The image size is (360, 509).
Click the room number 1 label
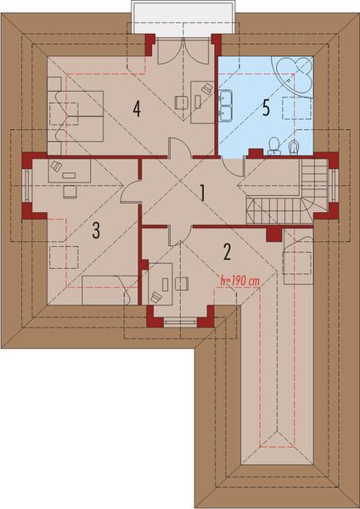click(202, 193)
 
